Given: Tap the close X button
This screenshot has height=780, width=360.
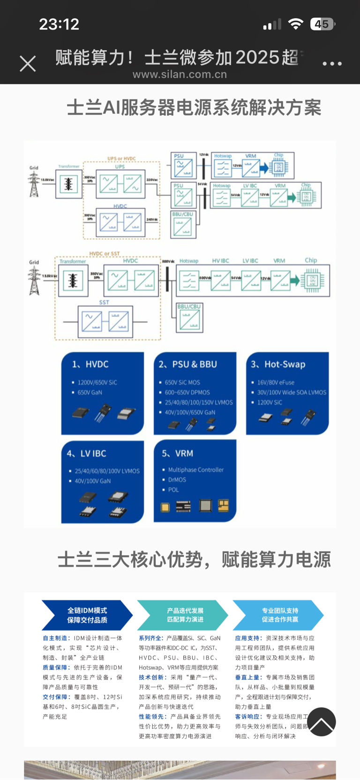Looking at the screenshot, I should click(x=28, y=64).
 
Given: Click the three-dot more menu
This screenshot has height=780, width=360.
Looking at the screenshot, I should click(x=332, y=64).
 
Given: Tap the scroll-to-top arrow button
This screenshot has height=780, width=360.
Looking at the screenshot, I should click(x=322, y=722).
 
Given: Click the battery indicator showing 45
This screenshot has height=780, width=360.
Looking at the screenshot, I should click(x=322, y=24).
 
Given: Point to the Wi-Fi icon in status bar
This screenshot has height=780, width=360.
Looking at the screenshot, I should click(x=295, y=24).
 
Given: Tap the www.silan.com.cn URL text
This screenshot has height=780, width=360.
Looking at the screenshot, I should click(x=180, y=75).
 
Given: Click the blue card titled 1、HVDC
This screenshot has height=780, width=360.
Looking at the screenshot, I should click(x=102, y=393).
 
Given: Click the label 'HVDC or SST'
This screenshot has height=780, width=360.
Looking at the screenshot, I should click(x=104, y=254).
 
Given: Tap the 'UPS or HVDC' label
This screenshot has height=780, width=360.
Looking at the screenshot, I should click(x=121, y=159).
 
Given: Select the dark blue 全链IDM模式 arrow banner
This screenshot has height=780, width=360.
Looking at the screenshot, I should click(x=87, y=615).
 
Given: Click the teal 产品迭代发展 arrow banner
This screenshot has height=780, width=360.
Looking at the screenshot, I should click(x=183, y=615).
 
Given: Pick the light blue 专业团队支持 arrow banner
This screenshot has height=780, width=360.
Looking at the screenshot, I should click(x=278, y=615).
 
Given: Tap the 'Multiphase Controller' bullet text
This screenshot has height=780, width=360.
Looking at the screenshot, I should click(x=195, y=470).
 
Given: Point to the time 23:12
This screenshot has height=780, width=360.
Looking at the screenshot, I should click(x=59, y=24).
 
